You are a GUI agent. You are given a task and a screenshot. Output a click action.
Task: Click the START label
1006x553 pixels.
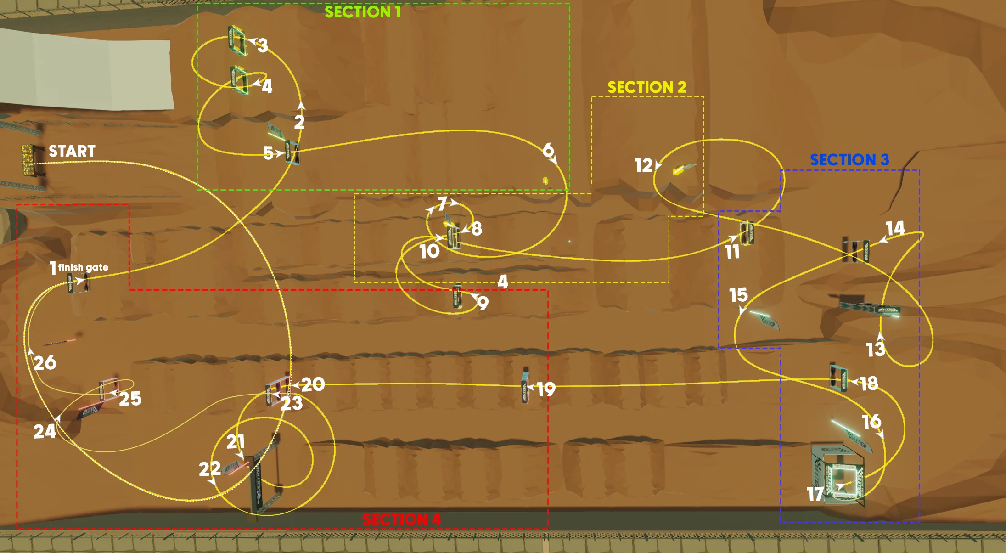tap(72, 151)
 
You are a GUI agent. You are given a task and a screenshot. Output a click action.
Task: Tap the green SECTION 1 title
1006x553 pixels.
tap(363, 12)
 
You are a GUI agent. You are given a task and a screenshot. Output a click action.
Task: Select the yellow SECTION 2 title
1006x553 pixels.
tap(646, 87)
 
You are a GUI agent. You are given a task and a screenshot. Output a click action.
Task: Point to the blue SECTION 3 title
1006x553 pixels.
tap(849, 160)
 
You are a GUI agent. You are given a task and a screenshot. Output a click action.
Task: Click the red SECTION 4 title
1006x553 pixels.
tap(401, 519)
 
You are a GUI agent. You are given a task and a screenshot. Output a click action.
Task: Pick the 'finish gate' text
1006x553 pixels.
tap(83, 267)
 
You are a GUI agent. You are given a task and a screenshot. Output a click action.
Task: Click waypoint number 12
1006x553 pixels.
tap(643, 165)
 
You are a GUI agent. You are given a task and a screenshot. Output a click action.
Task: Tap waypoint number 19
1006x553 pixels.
tap(546, 389)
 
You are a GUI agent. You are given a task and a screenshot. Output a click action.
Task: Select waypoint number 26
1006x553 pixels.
tap(45, 363)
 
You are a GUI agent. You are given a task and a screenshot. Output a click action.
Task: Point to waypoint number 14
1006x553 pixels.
tap(895, 228)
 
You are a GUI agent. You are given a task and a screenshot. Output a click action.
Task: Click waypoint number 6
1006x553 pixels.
tap(548, 150)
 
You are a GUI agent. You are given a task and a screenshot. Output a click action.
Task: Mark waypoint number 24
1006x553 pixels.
tap(45, 431)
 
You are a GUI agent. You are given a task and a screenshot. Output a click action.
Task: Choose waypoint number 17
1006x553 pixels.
tap(815, 494)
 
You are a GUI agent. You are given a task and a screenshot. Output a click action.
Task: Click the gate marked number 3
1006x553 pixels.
tap(237, 40)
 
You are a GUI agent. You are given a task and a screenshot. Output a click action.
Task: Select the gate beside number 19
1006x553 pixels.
tap(525, 387)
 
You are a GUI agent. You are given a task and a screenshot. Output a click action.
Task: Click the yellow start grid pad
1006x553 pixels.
tap(28, 160)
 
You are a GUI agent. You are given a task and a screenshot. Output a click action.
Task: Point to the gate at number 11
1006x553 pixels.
tap(747, 233)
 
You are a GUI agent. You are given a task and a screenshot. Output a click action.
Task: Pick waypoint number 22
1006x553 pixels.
tap(209, 469)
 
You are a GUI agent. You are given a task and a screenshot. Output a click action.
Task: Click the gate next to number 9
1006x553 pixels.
tap(457, 297)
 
